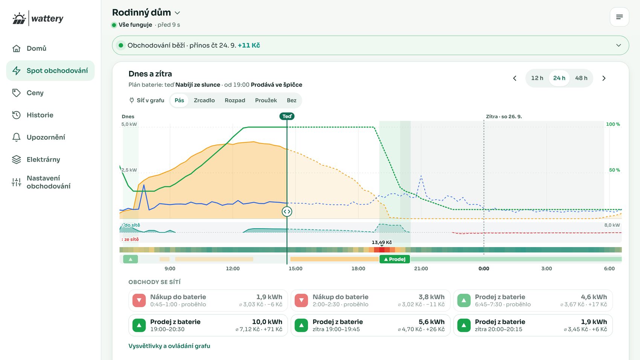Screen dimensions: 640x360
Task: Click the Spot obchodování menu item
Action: point(50,70)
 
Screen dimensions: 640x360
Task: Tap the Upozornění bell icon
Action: point(16,137)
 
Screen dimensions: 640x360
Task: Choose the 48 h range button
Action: point(581,78)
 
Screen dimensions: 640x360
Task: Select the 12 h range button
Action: point(537,78)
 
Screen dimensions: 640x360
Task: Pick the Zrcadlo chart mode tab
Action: point(204,100)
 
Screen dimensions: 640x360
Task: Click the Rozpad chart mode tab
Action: point(235,100)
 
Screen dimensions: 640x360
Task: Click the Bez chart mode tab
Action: point(291,100)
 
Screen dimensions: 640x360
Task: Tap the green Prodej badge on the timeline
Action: point(395,259)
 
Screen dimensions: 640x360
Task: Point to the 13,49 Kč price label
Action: point(382,242)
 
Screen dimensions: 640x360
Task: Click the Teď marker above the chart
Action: point(287,116)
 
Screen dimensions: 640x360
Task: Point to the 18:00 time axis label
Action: point(358,268)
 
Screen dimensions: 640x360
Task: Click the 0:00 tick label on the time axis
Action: point(484,268)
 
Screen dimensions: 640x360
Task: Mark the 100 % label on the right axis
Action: point(613,124)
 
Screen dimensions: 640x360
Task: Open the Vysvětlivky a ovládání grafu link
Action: point(169,346)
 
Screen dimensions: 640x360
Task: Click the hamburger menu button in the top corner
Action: point(619,17)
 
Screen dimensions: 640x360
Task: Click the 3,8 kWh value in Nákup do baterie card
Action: point(431,297)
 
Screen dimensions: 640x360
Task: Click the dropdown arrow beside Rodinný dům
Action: point(177,13)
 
